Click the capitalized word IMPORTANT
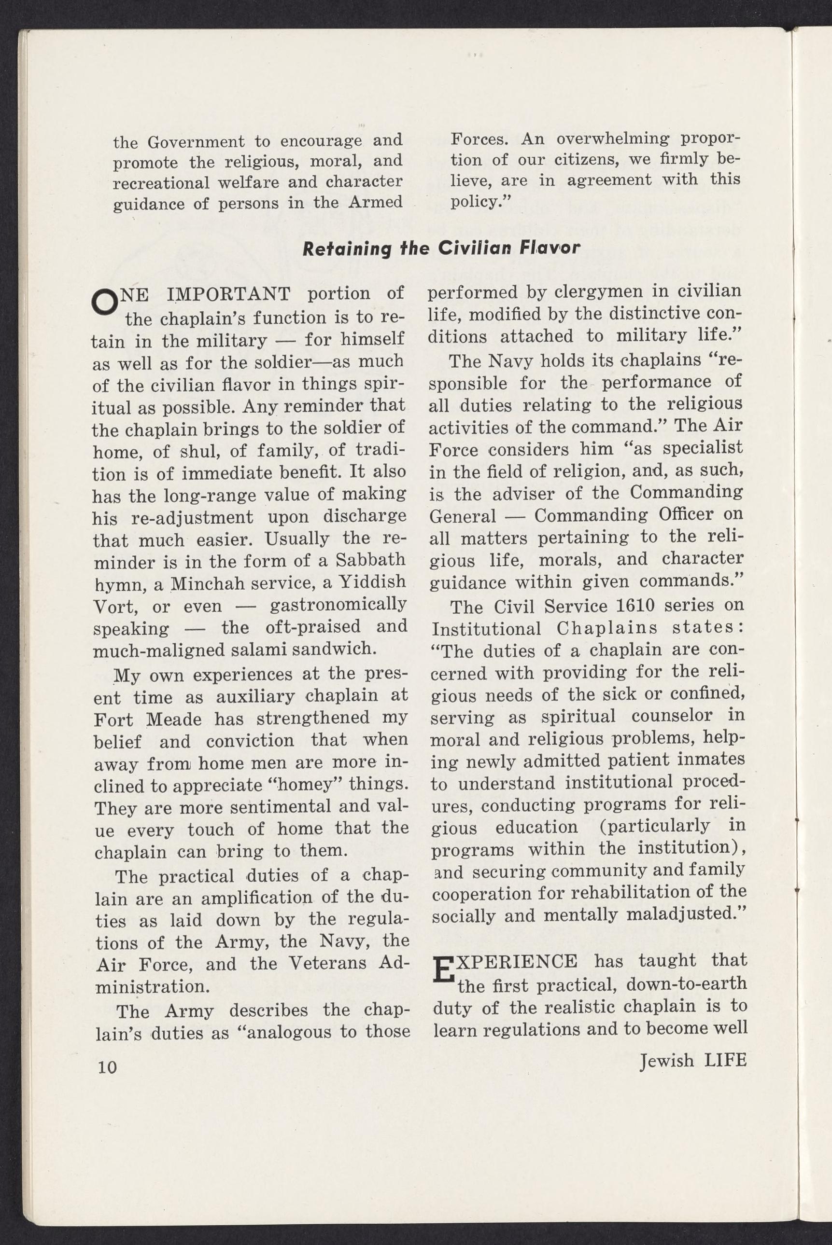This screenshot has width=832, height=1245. (x=228, y=294)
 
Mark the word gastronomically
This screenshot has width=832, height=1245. (x=338, y=605)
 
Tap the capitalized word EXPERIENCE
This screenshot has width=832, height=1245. (x=521, y=961)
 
